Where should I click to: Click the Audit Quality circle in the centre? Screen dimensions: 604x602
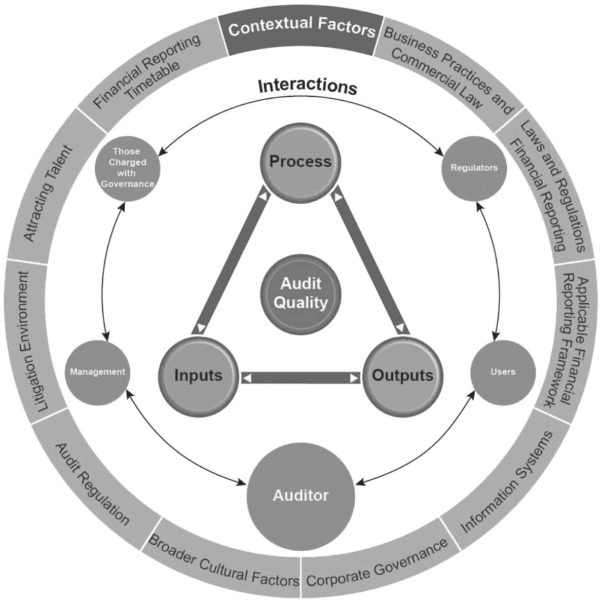point(301,293)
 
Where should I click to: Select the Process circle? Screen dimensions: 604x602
point(300,163)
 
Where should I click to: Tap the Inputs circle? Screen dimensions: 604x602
point(199,375)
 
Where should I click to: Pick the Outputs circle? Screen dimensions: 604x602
point(402,375)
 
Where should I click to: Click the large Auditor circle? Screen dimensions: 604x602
point(301,495)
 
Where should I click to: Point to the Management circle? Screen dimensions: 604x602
point(97,372)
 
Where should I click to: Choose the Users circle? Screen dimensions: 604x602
point(503,372)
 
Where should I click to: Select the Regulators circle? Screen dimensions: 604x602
point(474,168)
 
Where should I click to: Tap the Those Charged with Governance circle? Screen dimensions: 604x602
point(127,168)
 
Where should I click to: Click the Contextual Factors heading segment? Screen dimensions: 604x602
point(301,28)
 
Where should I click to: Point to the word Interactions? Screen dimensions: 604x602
point(308,86)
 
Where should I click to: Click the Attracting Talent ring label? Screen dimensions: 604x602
point(49,194)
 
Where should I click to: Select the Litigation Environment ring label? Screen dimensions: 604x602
point(31,341)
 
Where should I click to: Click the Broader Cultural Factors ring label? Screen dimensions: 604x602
point(223,562)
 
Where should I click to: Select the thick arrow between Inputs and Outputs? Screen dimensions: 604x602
point(301,378)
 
